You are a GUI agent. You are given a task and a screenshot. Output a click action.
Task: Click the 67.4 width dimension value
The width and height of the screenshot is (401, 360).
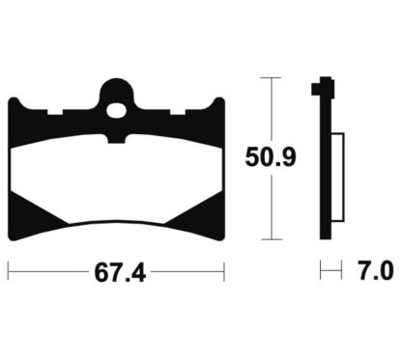(120, 273)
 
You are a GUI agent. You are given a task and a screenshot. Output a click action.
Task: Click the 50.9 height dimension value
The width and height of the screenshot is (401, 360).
(271, 158)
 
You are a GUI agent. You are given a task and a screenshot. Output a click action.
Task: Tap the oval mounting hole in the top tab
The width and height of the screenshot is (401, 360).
(116, 110)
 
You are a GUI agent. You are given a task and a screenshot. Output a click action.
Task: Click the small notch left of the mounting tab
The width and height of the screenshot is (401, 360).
(55, 112)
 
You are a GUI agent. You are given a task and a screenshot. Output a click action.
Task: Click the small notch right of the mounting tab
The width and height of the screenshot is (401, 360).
(178, 112)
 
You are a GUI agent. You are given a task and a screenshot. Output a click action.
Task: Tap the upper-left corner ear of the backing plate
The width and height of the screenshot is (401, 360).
(14, 103)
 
